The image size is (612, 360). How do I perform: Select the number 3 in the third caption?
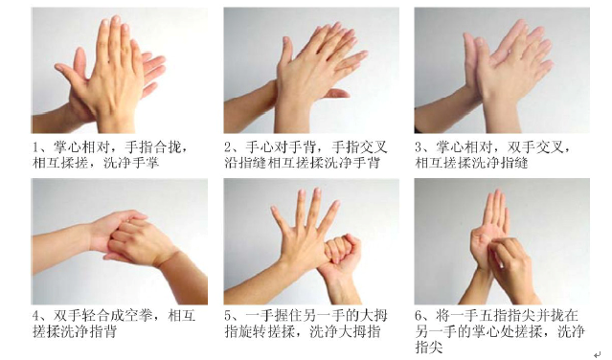[419, 147]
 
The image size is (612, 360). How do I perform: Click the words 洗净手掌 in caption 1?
[155, 163]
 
